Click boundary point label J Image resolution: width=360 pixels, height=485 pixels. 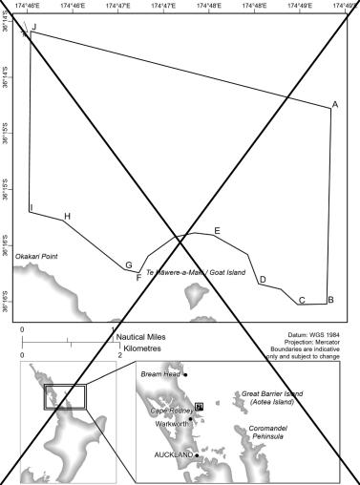coord(34,28)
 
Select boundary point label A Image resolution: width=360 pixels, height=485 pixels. coord(335,104)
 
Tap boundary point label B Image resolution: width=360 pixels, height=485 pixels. coord(329,300)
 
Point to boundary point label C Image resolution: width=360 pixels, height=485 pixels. coord(302,301)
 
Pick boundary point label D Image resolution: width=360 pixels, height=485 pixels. coord(263,280)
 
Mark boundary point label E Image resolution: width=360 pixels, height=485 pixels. coord(217,231)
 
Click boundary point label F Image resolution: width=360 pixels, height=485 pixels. coord(138,278)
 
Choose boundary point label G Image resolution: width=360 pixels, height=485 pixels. coord(128,264)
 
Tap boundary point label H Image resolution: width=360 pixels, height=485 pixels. coord(67,217)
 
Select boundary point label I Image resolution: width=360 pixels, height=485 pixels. coord(31,207)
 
